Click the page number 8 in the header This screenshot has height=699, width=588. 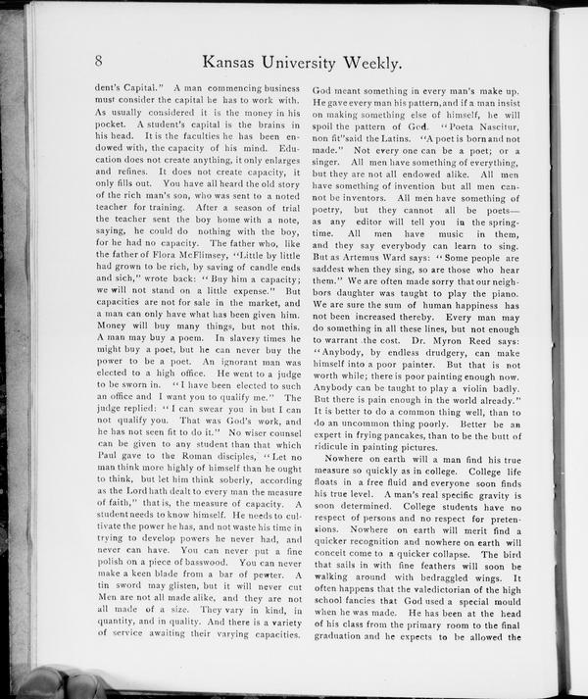click(x=100, y=60)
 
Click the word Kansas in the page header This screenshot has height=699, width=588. click(x=238, y=63)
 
